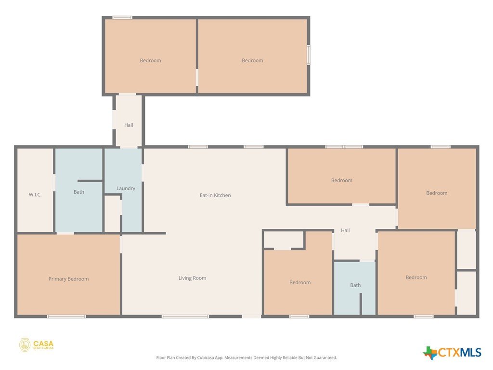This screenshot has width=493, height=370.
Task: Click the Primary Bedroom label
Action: click(x=68, y=279)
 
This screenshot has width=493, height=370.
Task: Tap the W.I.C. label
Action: click(x=35, y=195)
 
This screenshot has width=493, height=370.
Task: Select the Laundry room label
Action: click(x=126, y=188)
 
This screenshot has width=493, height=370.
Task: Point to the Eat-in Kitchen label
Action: click(x=215, y=195)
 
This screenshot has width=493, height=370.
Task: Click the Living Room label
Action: click(x=192, y=278)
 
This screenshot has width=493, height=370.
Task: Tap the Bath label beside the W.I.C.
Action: click(x=78, y=192)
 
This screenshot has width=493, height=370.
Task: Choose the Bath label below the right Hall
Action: click(x=355, y=285)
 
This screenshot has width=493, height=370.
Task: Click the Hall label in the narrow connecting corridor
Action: click(x=129, y=125)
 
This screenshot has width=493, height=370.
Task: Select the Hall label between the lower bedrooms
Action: click(x=345, y=230)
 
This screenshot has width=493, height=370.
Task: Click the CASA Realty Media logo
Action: click(x=36, y=345)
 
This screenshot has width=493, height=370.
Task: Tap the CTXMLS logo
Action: click(x=452, y=352)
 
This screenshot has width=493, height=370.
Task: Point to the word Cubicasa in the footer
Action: click(x=206, y=357)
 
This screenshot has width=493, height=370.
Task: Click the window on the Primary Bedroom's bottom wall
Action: click(x=66, y=316)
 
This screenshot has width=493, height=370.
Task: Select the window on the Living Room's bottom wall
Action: click(x=185, y=316)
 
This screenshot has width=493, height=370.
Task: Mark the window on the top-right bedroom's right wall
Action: click(x=309, y=55)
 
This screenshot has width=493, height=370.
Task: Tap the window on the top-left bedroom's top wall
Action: click(x=122, y=18)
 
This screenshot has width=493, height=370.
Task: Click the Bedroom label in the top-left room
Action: click(x=150, y=60)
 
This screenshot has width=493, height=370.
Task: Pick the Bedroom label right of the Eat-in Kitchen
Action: click(x=341, y=180)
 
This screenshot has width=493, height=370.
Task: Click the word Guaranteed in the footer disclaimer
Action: click(x=324, y=357)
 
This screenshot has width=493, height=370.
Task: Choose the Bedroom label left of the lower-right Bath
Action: click(x=300, y=282)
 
